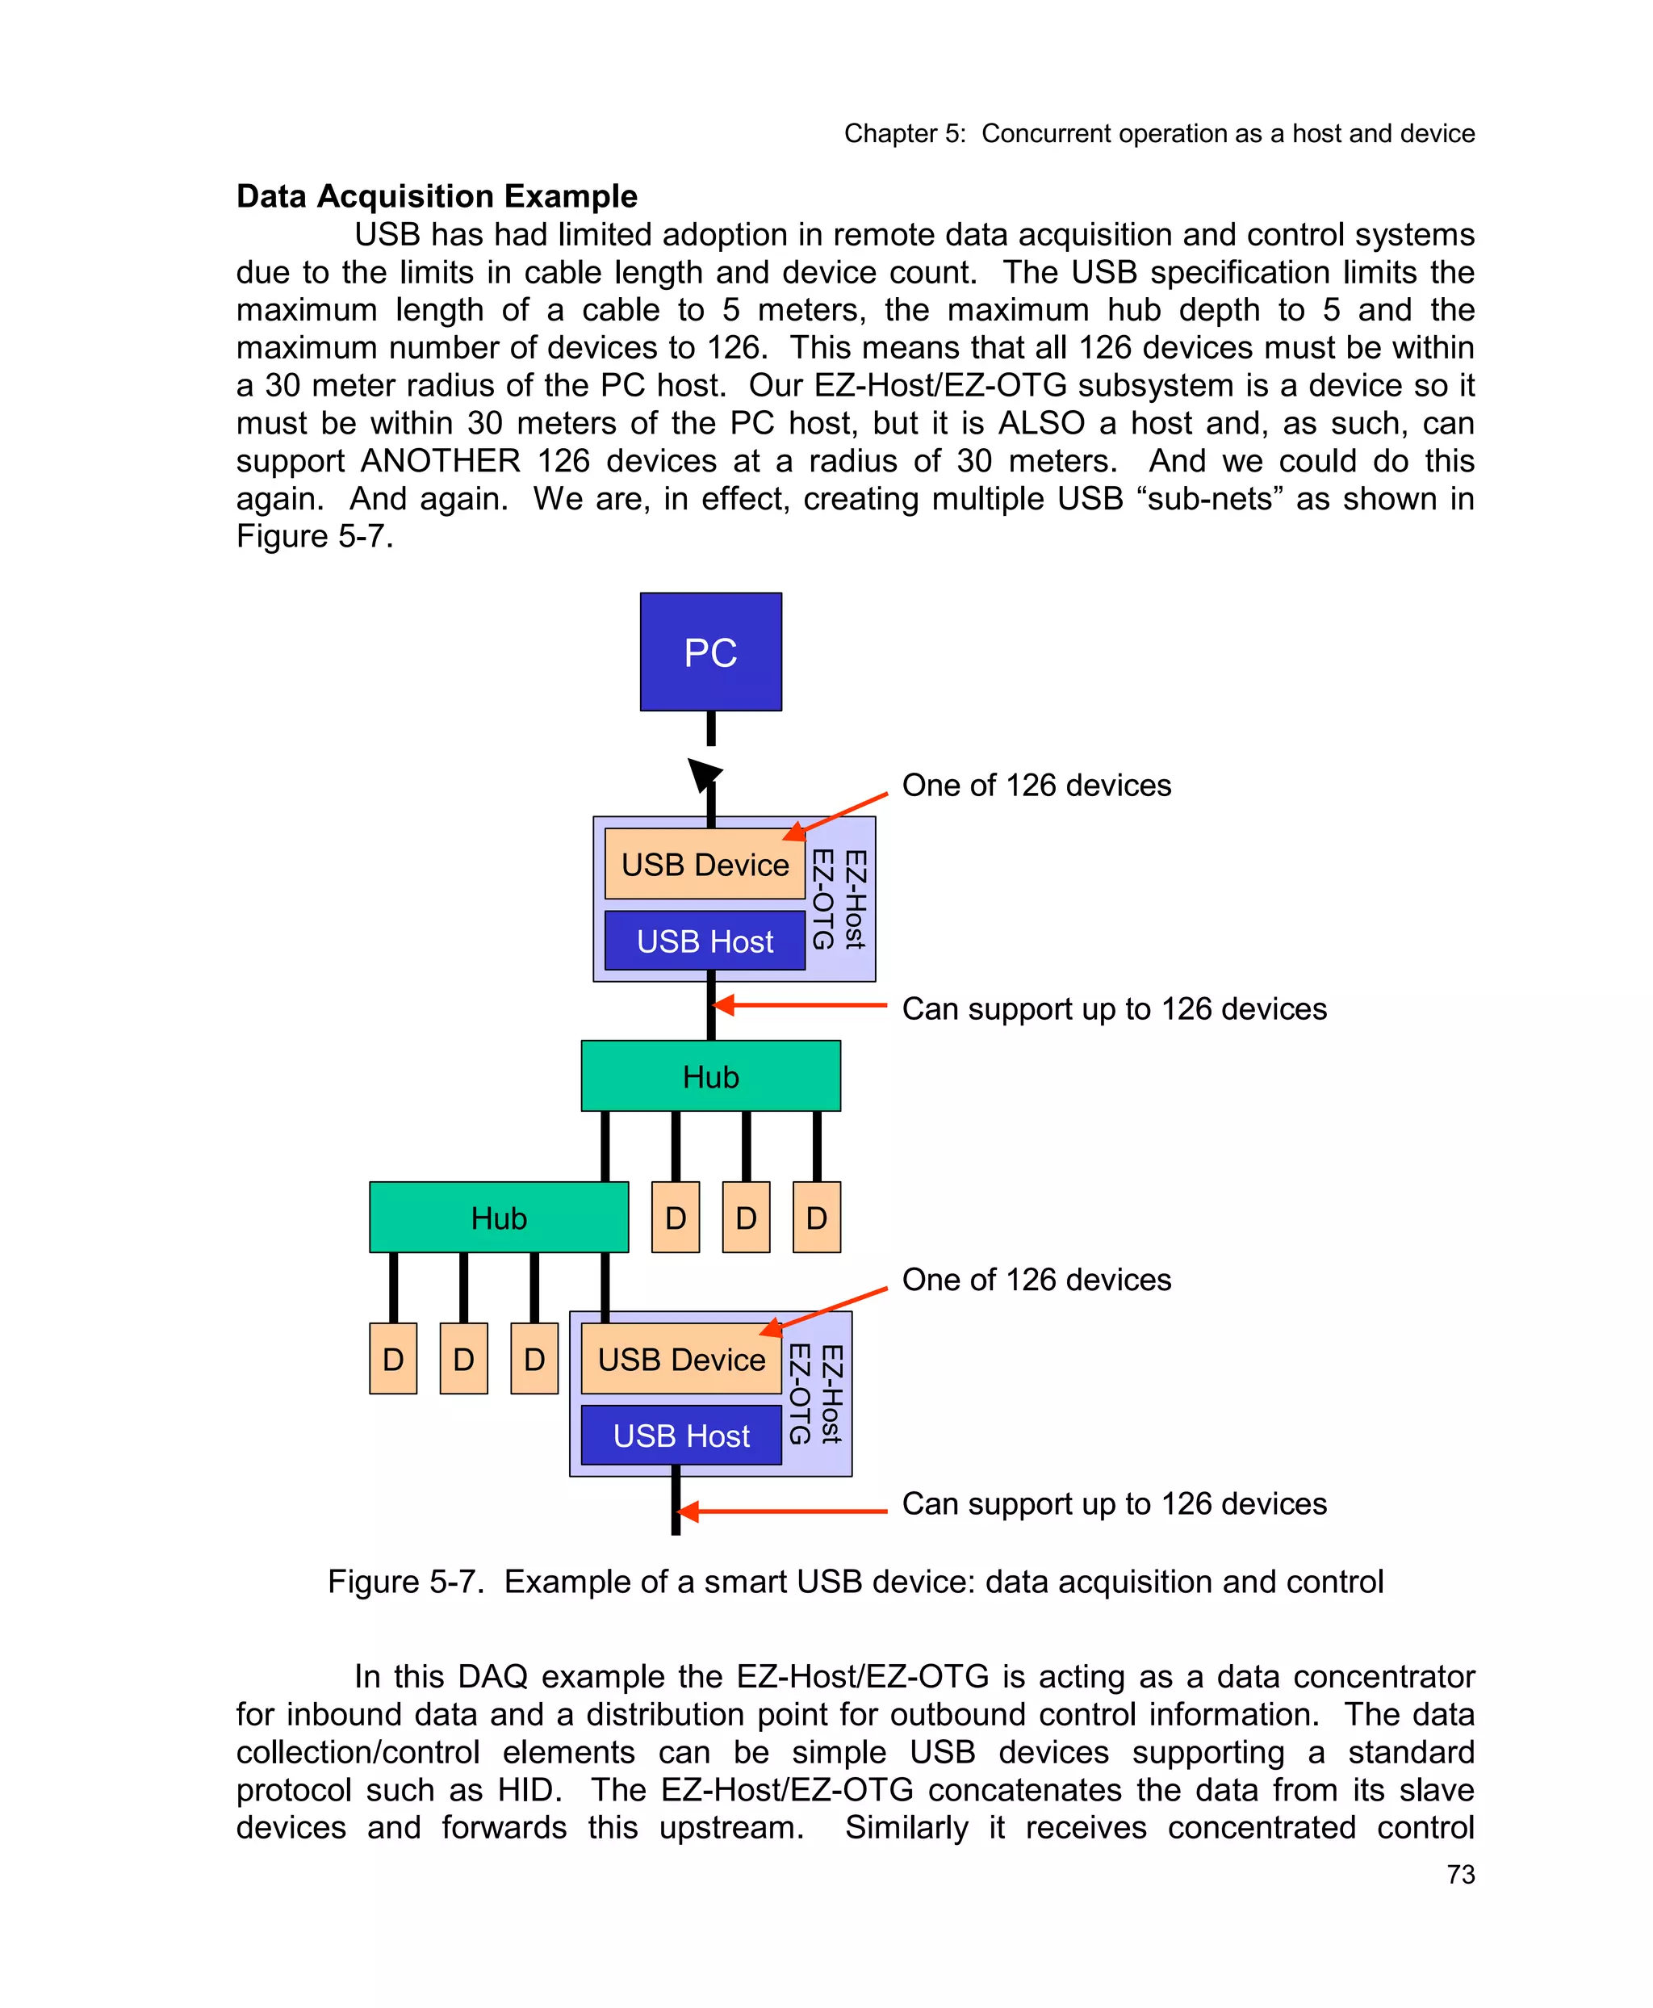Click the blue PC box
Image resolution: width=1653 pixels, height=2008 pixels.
coord(710,652)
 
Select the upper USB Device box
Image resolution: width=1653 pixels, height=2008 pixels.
coord(705,864)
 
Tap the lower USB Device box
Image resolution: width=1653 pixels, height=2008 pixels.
coord(681,1358)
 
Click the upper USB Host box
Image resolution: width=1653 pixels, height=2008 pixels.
coord(705,941)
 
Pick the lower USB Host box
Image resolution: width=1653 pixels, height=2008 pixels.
coord(681,1436)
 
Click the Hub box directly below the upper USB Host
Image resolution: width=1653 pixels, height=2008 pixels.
coord(710,1076)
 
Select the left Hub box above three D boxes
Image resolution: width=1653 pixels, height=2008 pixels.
coord(498,1218)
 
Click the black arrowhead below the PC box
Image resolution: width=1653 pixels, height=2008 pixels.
coord(704,774)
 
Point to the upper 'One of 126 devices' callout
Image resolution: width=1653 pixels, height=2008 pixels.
coord(1036,785)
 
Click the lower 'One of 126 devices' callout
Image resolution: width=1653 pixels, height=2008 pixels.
coord(1036,1279)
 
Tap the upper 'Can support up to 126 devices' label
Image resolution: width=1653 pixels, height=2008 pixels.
coord(1114,1008)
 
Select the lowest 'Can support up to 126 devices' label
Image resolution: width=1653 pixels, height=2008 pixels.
coord(1114,1503)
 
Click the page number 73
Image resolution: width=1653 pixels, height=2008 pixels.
coord(1460,1875)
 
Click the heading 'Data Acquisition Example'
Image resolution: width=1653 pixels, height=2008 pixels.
coord(436,196)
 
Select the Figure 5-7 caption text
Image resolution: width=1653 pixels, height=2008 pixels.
coord(855,1581)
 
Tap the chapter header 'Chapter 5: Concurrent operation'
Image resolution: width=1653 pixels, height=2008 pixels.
coord(1159,133)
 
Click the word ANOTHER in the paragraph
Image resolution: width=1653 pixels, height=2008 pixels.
coord(440,461)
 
